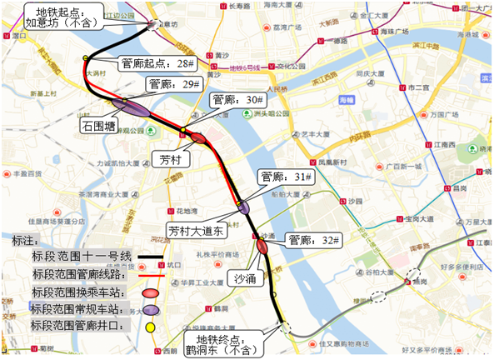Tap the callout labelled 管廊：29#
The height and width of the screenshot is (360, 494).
pyautogui.click(x=173, y=84)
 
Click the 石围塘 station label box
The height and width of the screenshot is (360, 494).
pyautogui.click(x=99, y=126)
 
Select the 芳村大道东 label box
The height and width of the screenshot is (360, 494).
pyautogui.click(x=194, y=229)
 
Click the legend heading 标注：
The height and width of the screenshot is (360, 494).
pyautogui.click(x=26, y=240)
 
